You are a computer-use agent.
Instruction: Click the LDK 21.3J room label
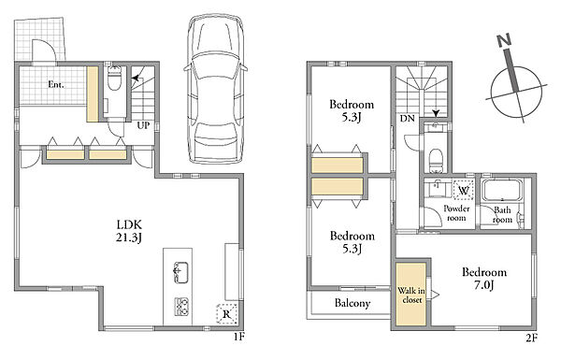[129, 231]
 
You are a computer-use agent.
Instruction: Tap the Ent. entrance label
[56, 85]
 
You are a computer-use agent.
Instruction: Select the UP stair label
[143, 125]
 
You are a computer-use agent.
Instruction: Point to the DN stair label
[407, 118]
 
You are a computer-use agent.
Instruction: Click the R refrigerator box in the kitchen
[227, 314]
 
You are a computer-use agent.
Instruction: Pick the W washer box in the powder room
[464, 190]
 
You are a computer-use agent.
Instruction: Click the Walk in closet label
[411, 295]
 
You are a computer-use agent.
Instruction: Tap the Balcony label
[352, 304]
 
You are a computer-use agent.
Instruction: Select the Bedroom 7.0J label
[484, 278]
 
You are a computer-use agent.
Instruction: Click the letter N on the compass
[505, 41]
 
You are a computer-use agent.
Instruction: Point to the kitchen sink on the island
[181, 272]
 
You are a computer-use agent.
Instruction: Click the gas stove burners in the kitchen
[181, 307]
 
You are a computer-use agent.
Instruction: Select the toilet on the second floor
[436, 159]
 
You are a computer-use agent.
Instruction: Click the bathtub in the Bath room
[502, 191]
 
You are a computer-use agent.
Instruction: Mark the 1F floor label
[239, 337]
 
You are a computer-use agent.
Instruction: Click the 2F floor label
[532, 338]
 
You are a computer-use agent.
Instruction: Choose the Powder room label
[456, 213]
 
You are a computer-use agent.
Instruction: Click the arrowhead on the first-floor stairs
[136, 78]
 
